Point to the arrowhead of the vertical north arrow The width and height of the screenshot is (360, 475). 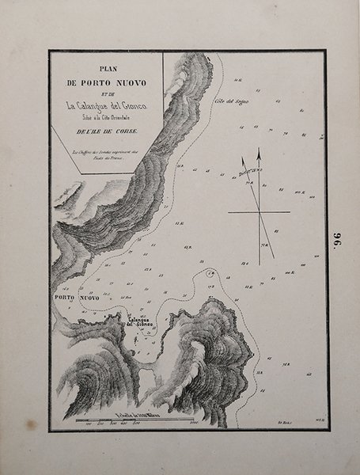click(258, 152)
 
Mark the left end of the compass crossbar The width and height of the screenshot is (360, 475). click(229, 212)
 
